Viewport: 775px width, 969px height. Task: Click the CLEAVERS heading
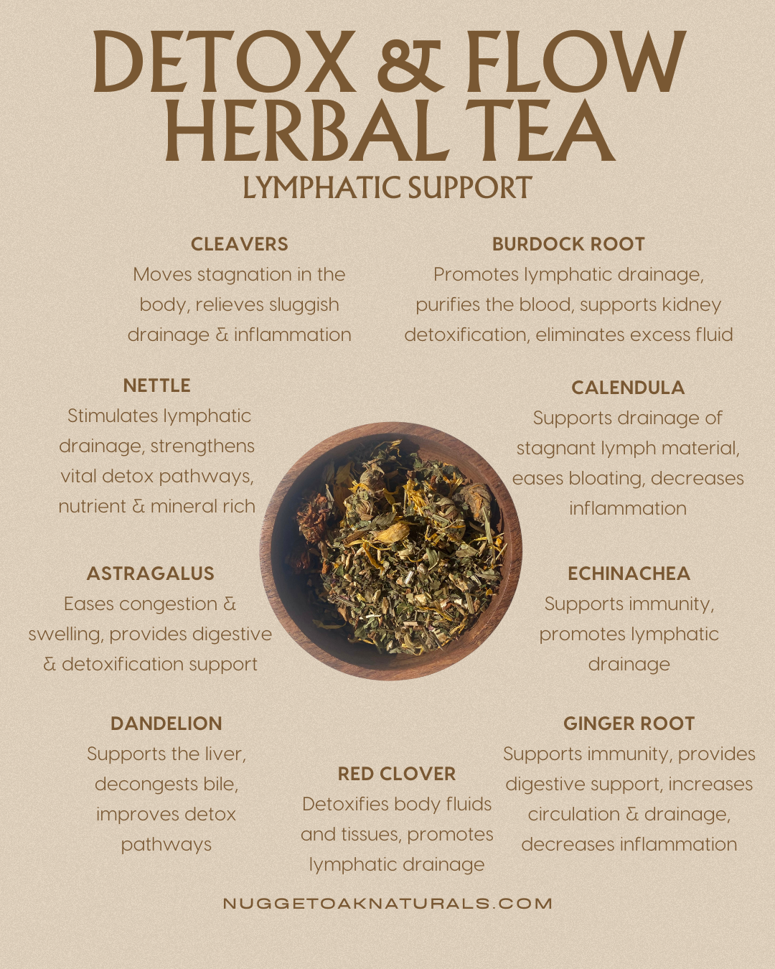click(x=239, y=244)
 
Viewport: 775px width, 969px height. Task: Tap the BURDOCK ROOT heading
click(x=568, y=244)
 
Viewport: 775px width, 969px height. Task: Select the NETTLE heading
click(x=156, y=385)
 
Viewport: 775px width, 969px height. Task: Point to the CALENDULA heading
click(x=628, y=388)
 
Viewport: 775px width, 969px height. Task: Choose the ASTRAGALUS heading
click(x=151, y=574)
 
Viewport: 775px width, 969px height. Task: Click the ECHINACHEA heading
click(x=629, y=574)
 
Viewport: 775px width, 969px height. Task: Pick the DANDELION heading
click(x=166, y=724)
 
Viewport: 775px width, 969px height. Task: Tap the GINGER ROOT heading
click(x=629, y=724)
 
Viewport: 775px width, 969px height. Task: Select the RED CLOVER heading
click(x=397, y=774)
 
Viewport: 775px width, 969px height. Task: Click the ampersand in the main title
click(x=410, y=63)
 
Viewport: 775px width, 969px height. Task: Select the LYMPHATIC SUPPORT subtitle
click(x=387, y=188)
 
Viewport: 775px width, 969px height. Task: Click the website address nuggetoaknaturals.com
click(x=387, y=904)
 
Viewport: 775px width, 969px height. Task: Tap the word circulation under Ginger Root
click(x=573, y=815)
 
